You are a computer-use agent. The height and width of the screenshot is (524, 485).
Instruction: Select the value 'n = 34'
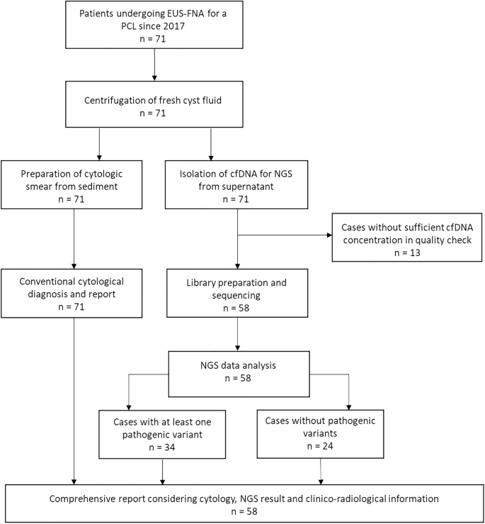(x=164, y=448)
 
